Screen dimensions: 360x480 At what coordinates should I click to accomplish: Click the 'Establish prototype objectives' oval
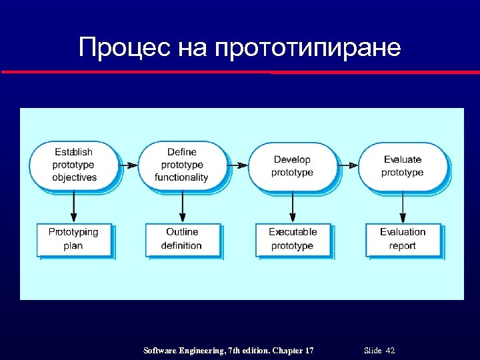(x=73, y=165)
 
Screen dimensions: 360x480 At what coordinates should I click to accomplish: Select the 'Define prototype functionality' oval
(x=182, y=165)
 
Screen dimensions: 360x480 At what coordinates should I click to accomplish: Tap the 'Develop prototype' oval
(x=292, y=165)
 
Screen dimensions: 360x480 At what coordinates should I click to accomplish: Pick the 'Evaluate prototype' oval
(x=402, y=165)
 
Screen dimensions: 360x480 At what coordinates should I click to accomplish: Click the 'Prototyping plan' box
(x=73, y=239)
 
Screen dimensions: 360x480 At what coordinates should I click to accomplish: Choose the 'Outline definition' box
(x=182, y=239)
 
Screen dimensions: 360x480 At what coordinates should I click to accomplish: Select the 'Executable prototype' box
(x=293, y=239)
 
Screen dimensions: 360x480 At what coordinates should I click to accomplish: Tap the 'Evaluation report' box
(x=403, y=239)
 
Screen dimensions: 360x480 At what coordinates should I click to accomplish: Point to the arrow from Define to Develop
(x=237, y=165)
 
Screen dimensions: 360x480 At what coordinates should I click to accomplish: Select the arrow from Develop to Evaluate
(x=347, y=165)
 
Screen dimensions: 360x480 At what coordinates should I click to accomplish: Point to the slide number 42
(x=390, y=351)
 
